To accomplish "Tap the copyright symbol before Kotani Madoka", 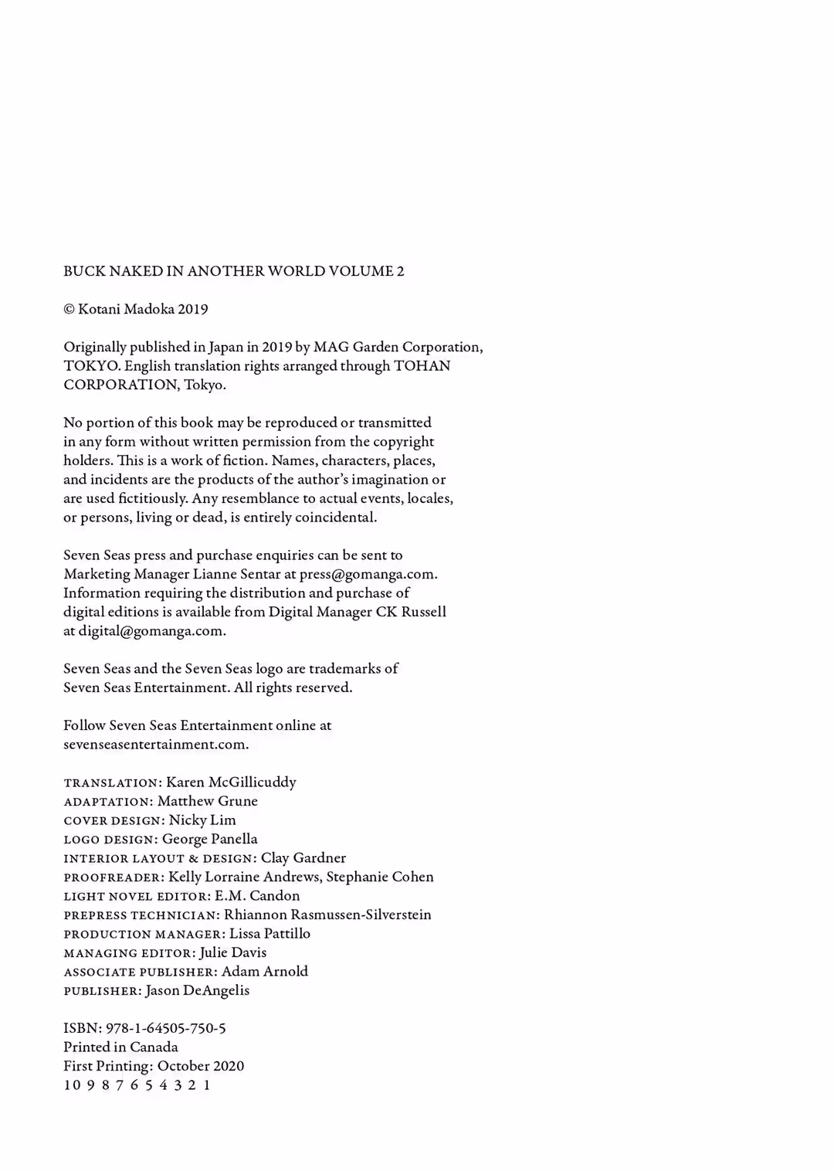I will [x=69, y=310].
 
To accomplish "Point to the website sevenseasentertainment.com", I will [x=155, y=745].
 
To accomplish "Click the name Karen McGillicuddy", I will [x=231, y=782].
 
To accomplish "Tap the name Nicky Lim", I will [x=202, y=820].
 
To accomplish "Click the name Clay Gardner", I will [x=303, y=858].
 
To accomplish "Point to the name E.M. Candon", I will [x=257, y=896].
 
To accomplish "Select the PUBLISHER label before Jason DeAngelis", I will [x=102, y=991].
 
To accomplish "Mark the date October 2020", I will [x=201, y=1066].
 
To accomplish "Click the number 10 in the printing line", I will [x=72, y=1085].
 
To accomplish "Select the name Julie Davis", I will [x=233, y=952].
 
